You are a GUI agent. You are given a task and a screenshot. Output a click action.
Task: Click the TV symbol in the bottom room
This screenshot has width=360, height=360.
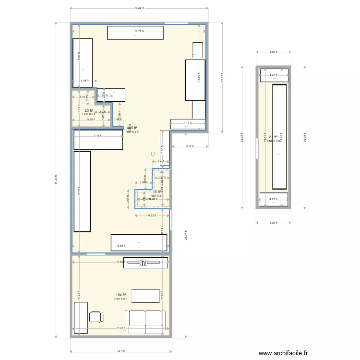[x=144, y=263]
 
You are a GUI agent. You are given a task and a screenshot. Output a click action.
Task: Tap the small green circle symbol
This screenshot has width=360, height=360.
[x=153, y=154]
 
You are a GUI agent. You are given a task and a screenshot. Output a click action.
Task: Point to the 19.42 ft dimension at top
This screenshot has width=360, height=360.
[x=139, y=8]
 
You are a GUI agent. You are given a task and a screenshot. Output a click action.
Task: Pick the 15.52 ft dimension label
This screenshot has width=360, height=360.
[x=222, y=78]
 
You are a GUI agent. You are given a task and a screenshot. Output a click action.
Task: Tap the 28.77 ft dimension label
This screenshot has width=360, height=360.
[x=185, y=235]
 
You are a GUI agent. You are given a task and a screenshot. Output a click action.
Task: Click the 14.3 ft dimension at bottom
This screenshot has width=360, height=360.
[x=121, y=352]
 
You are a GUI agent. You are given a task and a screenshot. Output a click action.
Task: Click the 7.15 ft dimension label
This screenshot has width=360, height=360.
[x=97, y=136]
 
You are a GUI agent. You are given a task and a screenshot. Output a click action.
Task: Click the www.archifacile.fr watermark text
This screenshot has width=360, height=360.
[x=283, y=353]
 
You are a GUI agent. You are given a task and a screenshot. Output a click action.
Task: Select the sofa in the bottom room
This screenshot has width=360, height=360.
[x=144, y=322]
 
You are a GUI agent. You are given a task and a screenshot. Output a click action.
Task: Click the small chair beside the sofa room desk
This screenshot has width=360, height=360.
[x=96, y=317]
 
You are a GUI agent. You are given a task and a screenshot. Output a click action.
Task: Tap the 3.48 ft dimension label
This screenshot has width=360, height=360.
[x=84, y=81]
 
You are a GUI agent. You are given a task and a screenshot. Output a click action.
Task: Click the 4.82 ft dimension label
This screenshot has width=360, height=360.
[x=152, y=216]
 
